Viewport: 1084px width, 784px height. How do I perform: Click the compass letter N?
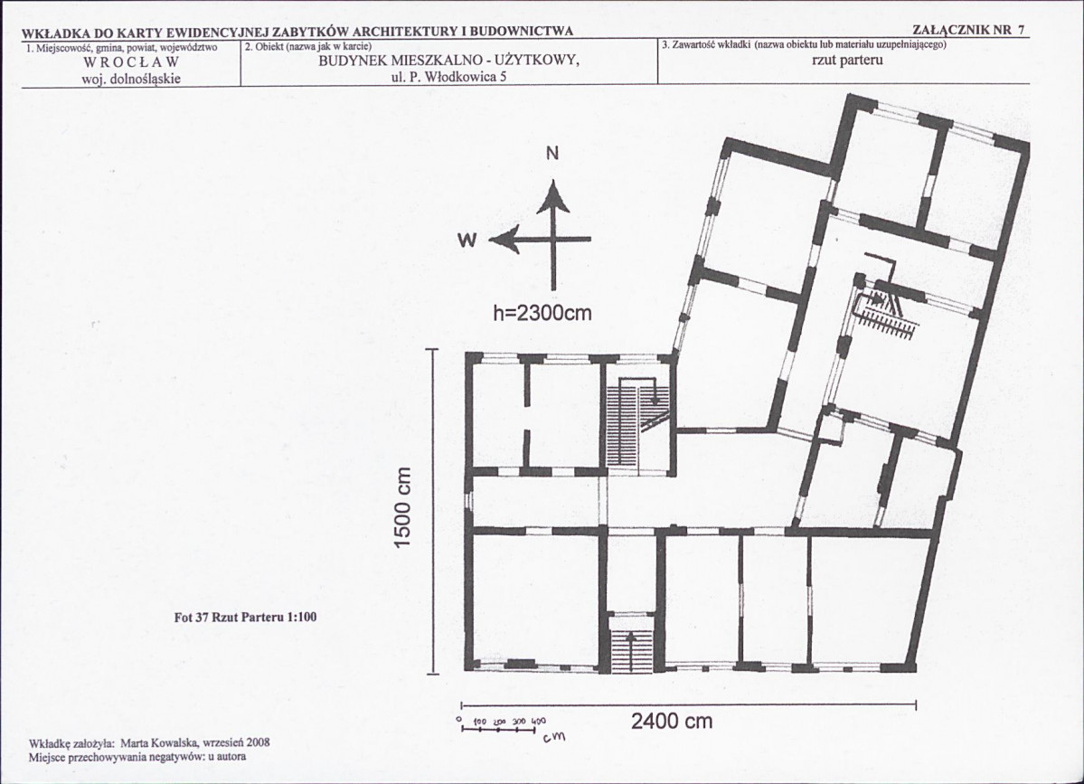pos(552,154)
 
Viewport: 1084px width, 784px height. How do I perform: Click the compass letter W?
pos(467,240)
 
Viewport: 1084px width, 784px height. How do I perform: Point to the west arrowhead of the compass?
pos(504,240)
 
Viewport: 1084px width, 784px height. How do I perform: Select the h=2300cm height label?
pos(542,313)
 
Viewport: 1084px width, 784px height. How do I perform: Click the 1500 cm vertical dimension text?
pos(403,508)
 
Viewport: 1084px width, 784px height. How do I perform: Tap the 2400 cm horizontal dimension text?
pos(671,722)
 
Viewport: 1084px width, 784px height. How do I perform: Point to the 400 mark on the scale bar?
pos(540,721)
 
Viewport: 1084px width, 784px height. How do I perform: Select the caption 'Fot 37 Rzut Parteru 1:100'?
pos(245,618)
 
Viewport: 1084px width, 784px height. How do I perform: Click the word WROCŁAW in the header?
pos(131,63)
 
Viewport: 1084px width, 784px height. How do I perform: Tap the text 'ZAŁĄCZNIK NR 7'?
pos(968,31)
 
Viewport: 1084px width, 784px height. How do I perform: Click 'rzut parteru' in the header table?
pos(847,61)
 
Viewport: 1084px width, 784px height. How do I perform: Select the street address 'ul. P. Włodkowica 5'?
pos(448,77)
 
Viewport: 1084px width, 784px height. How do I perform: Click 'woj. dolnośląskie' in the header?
pos(131,79)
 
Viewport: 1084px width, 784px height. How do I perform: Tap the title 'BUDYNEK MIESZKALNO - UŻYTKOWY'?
pos(448,61)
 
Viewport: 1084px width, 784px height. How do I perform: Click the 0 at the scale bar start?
pos(460,720)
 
